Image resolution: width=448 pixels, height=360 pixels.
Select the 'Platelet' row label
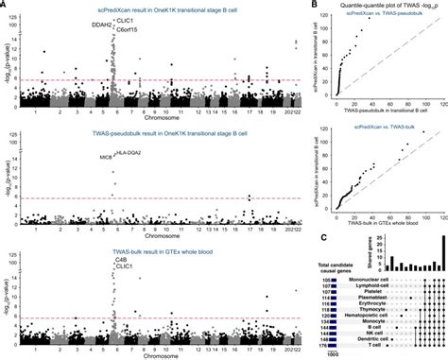point(366,292)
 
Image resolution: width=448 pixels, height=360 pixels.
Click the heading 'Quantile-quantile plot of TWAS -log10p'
point(382,8)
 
